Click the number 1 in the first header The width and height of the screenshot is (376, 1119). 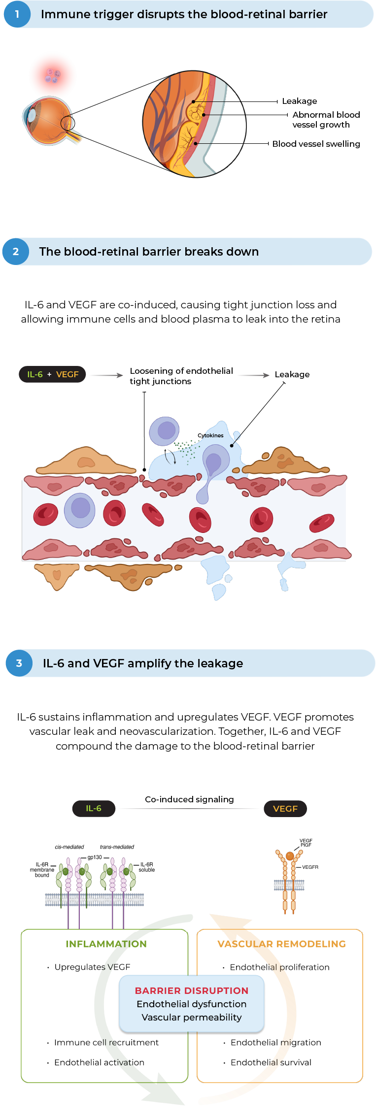(x=17, y=14)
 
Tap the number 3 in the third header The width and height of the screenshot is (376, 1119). (x=19, y=663)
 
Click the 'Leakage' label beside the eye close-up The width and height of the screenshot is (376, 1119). (x=299, y=101)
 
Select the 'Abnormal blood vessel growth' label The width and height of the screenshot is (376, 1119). (x=326, y=120)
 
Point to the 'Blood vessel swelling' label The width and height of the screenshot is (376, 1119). (x=316, y=144)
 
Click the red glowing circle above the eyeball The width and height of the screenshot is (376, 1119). (x=53, y=75)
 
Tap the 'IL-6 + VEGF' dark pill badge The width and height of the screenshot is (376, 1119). (x=53, y=374)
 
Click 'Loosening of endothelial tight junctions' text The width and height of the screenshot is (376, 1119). (x=181, y=376)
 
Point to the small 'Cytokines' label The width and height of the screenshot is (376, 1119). (x=210, y=435)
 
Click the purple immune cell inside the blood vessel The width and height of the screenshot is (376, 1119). (x=79, y=509)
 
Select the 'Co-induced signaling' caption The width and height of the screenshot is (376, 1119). (x=189, y=799)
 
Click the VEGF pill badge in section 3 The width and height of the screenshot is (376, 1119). (x=285, y=809)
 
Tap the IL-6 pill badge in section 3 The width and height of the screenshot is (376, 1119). (x=94, y=808)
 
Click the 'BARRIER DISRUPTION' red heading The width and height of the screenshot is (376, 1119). (x=192, y=990)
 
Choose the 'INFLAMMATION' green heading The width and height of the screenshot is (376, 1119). (x=106, y=944)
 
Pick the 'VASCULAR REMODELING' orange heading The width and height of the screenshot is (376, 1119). (x=281, y=944)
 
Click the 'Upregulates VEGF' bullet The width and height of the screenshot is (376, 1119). (x=92, y=967)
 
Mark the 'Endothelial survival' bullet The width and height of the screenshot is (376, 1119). (x=271, y=1062)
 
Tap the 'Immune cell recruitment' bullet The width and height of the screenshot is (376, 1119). (x=106, y=1042)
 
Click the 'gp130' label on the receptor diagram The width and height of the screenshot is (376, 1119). (x=95, y=857)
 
